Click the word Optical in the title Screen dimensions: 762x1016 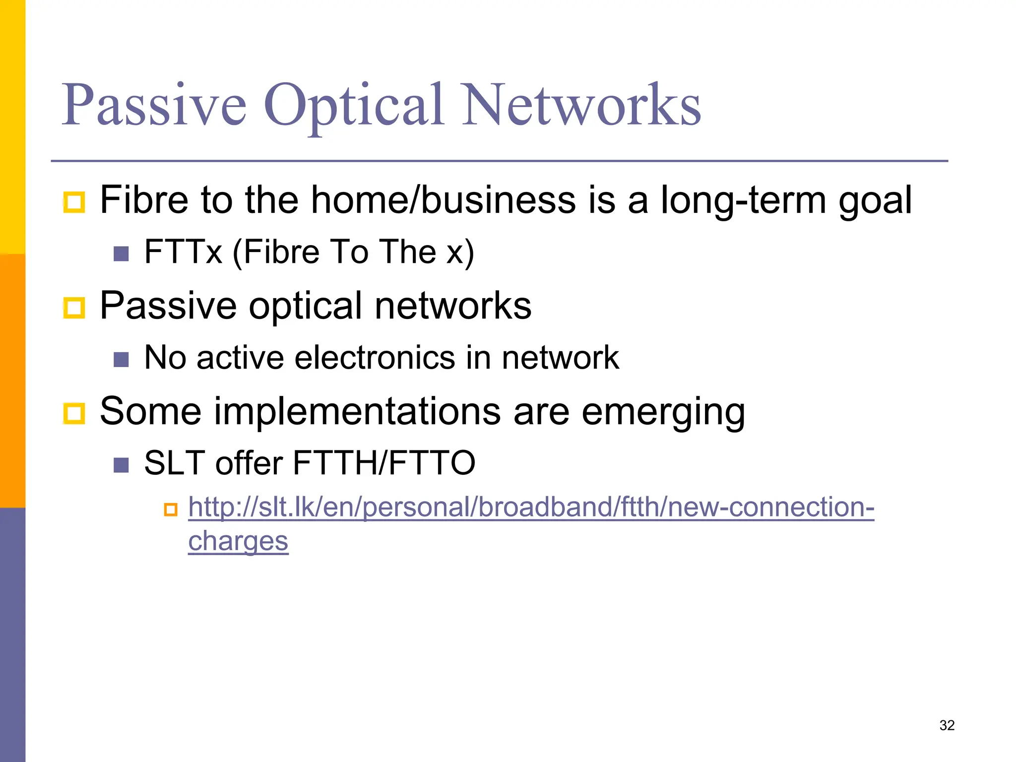point(354,105)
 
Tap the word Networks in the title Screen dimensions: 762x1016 point(581,105)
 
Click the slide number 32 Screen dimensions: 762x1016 point(947,725)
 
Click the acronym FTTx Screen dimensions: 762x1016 point(183,252)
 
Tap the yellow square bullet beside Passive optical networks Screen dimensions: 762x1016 point(74,308)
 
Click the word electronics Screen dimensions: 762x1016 point(375,357)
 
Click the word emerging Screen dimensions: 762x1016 point(663,412)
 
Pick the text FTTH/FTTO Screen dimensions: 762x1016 point(384,463)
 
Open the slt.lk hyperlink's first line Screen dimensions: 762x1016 point(531,508)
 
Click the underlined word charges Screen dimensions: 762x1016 point(238,541)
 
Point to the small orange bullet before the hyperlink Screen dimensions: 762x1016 point(171,509)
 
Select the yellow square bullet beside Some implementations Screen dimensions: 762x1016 point(74,413)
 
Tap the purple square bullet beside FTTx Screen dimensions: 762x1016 point(121,254)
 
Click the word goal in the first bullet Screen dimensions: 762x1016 point(875,200)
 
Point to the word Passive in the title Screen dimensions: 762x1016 point(154,105)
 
